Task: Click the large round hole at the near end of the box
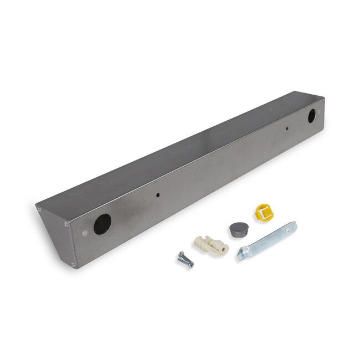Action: coord(102,224)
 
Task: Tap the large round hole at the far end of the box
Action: coord(311,116)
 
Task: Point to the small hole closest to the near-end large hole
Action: coord(158,195)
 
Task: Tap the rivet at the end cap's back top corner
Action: coord(39,209)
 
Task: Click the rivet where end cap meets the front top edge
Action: coord(66,224)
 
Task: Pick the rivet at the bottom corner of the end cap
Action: coord(73,265)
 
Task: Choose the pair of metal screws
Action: coord(186,259)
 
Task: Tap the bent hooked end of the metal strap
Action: coord(241,255)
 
